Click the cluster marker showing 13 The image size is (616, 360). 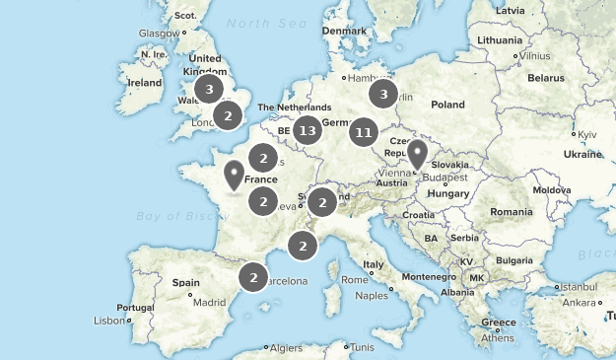[308, 130]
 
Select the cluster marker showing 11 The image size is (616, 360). [364, 131]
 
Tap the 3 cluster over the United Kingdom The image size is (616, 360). [208, 89]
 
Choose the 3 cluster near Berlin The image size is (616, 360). [382, 95]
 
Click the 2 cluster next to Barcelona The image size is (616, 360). [253, 278]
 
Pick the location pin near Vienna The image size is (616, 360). [418, 154]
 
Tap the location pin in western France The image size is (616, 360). [234, 174]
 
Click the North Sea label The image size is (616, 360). [260, 23]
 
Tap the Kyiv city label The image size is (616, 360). [587, 133]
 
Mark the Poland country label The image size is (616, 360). [446, 104]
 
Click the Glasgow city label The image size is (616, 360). [158, 33]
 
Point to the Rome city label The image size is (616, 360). [354, 279]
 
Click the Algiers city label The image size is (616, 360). [287, 347]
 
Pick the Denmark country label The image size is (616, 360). [344, 31]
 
